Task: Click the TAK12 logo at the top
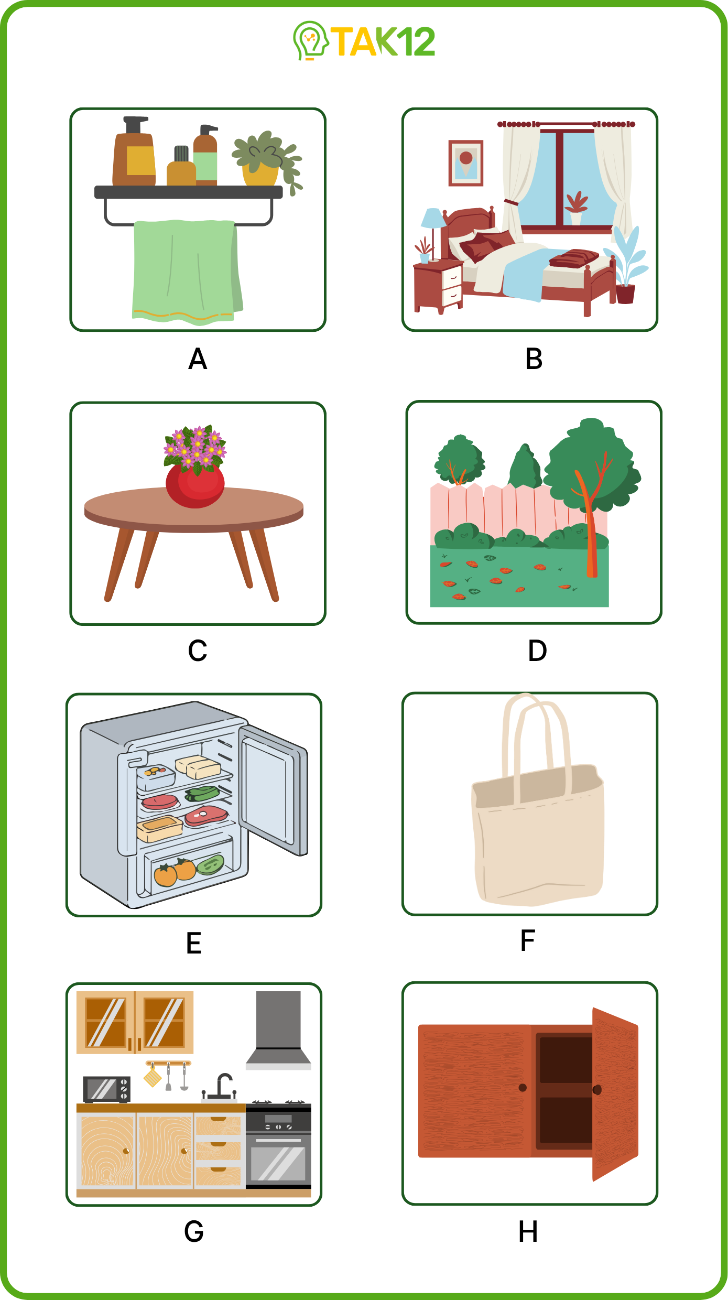[x=364, y=41]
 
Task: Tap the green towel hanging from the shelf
[x=187, y=271]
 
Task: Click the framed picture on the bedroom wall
[x=465, y=162]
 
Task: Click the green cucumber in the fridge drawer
[x=211, y=864]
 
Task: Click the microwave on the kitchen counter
[x=106, y=1089]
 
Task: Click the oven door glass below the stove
[x=278, y=1163]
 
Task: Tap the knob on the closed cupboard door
[x=522, y=1088]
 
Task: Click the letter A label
[x=198, y=359]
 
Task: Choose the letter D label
[x=537, y=651]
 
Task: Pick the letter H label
[x=528, y=1232]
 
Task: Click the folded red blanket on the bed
[x=574, y=258]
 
